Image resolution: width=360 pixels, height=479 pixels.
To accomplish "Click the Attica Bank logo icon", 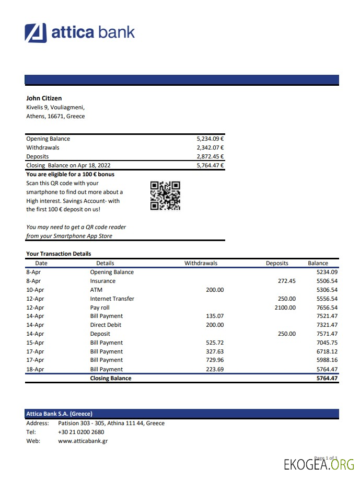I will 36,32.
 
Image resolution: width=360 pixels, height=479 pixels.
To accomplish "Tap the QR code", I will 165,196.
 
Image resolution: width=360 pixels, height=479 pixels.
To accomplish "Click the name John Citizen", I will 44,98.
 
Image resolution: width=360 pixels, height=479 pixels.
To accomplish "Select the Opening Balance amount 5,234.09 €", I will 210,139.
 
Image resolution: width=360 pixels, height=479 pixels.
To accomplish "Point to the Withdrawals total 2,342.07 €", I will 210,147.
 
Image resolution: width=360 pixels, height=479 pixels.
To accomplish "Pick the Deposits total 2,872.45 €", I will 210,156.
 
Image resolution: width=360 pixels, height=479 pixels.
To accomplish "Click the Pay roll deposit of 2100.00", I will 285,307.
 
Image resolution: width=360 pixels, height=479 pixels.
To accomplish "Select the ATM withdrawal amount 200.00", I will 214,290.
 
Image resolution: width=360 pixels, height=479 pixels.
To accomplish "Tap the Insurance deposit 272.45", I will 286,281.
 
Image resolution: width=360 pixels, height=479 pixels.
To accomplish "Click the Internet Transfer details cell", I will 112,299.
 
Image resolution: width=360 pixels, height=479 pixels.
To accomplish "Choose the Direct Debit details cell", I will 106,325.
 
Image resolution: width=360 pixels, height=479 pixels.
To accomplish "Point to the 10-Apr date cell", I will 35,290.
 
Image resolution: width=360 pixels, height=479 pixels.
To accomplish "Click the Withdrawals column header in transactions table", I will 201,263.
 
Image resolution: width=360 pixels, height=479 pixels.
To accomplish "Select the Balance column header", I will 318,263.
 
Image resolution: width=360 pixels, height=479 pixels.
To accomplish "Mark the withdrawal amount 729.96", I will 214,360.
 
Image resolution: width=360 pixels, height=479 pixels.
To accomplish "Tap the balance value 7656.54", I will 327,307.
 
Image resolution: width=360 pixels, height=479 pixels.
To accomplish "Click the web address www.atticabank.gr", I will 83,441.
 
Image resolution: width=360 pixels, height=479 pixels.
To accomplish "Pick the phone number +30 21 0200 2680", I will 81,432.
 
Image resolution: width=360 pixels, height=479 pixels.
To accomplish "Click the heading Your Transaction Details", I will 59,254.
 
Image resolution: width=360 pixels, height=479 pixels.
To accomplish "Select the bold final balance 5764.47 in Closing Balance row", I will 327,378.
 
